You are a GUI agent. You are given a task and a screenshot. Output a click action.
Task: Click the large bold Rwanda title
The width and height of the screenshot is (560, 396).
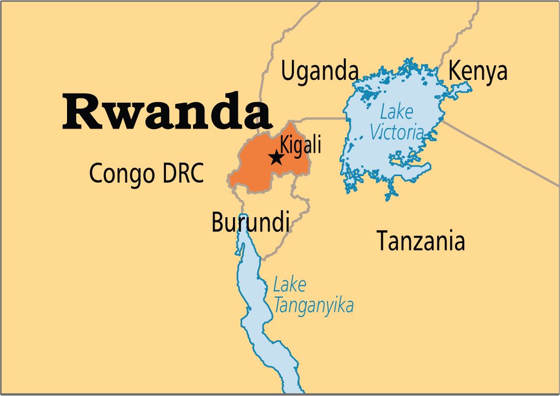tap(166, 111)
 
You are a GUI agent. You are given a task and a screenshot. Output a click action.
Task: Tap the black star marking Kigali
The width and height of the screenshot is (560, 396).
tap(276, 158)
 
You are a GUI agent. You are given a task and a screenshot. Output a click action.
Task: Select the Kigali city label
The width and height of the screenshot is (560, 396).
tap(301, 145)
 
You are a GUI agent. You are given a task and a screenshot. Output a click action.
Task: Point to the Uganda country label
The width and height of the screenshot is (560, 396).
tap(320, 71)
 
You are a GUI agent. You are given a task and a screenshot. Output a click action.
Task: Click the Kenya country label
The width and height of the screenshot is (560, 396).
tap(478, 71)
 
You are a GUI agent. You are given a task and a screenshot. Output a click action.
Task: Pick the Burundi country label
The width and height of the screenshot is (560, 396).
tap(250, 222)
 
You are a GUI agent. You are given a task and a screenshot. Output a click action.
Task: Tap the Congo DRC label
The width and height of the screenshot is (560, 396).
tap(146, 173)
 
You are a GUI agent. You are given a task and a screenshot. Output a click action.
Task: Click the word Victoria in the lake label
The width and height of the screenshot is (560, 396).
tap(396, 132)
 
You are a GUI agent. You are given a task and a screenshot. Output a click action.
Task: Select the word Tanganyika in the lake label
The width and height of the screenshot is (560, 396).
tap(314, 306)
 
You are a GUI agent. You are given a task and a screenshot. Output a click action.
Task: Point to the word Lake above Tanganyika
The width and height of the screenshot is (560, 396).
tap(289, 285)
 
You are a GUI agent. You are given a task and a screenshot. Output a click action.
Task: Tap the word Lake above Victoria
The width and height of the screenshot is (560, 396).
tap(396, 112)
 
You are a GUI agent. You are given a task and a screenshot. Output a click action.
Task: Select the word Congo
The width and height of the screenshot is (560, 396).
tap(122, 173)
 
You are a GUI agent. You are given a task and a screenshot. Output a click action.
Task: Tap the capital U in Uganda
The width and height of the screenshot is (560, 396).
tap(288, 71)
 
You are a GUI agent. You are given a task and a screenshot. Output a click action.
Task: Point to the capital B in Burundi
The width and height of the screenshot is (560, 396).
tap(217, 222)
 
